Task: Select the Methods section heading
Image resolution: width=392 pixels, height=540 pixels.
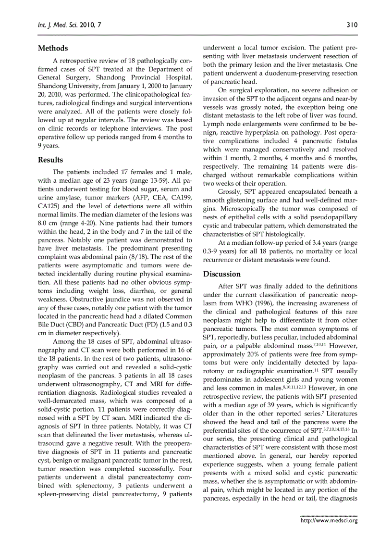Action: click(53, 48)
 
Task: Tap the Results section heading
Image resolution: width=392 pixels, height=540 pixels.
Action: click(50, 160)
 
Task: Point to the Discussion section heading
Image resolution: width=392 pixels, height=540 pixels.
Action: click(222, 274)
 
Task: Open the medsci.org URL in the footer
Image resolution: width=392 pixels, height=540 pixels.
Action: click(329, 520)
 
